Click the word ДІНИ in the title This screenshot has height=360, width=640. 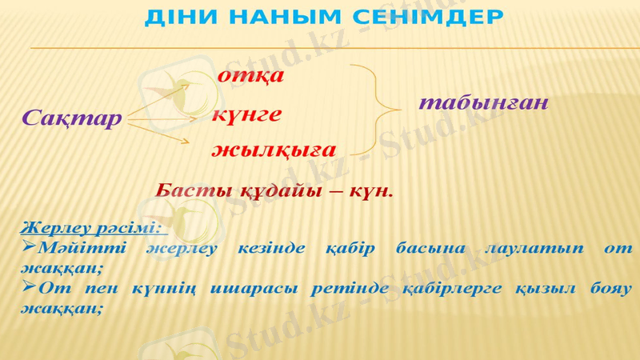pos(177,17)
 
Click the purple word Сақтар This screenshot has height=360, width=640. pos(72,118)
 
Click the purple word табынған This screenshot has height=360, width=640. pos(483,103)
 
